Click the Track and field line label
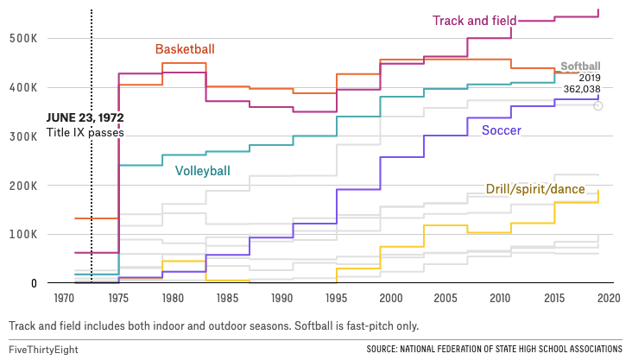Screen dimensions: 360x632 (474, 21)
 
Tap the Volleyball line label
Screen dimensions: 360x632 (202, 171)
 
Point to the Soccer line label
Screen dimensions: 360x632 (501, 131)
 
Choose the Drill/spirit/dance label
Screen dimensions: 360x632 (535, 189)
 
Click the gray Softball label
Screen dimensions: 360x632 (580, 66)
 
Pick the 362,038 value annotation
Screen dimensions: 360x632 (583, 88)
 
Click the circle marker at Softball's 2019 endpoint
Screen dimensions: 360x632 (598, 105)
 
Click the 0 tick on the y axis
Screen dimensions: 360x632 (33, 283)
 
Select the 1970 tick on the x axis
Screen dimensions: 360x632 (61, 298)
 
